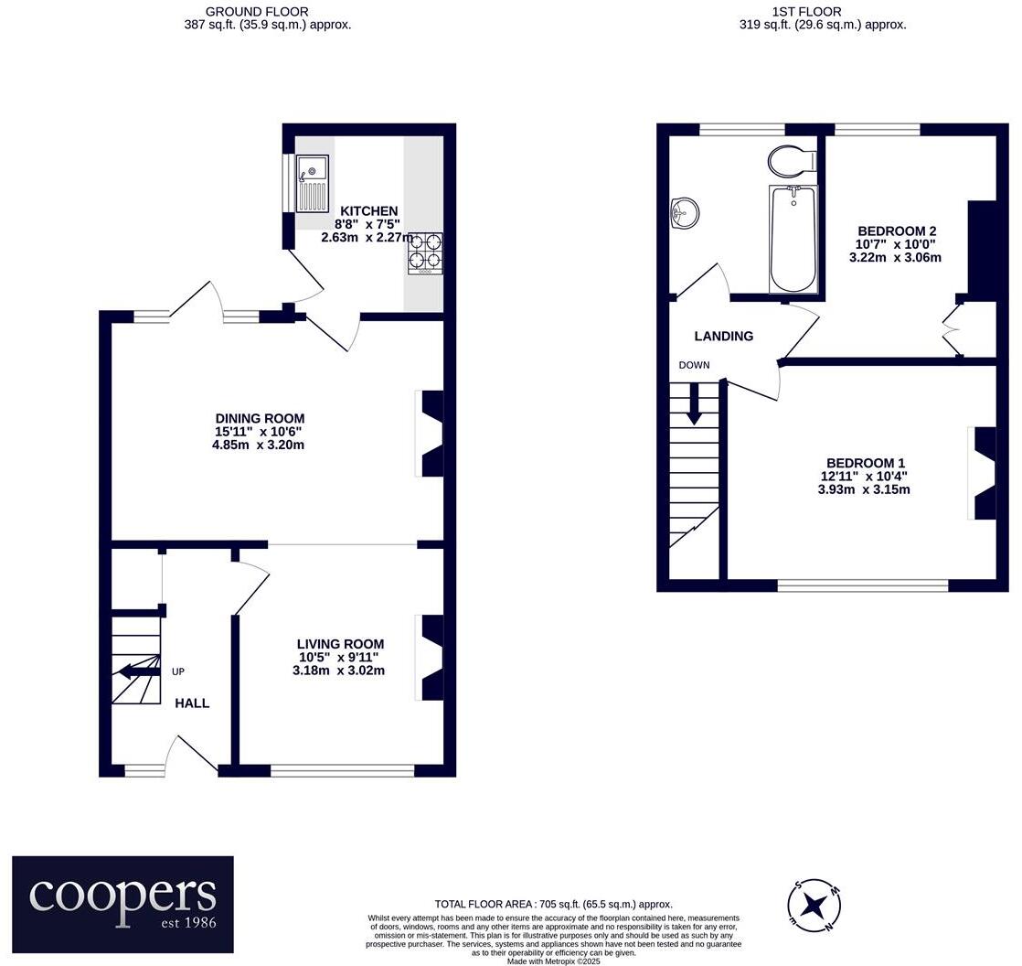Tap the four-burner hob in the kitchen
(425, 253)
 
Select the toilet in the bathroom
(792, 161)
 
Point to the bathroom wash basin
(684, 214)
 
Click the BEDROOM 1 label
(865, 463)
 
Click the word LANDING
(723, 336)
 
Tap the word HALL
(192, 703)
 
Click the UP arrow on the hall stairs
(136, 671)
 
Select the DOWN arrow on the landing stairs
(694, 402)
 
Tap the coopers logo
(122, 904)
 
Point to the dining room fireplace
(431, 434)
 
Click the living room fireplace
(431, 658)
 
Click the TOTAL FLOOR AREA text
(553, 904)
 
